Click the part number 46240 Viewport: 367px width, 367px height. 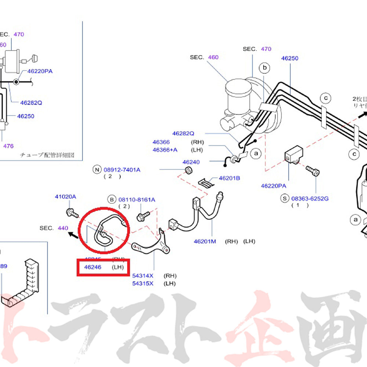pyautogui.click(x=191, y=162)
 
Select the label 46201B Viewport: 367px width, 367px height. pyautogui.click(x=229, y=178)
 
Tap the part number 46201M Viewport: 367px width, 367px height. pyautogui.click(x=205, y=241)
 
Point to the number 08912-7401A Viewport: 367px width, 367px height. pyautogui.click(x=122, y=170)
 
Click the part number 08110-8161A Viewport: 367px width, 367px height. pyautogui.click(x=137, y=200)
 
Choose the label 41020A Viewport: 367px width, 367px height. pyautogui.click(x=65, y=197)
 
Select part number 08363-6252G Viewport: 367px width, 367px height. pyautogui.click(x=310, y=199)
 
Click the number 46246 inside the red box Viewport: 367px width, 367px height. pyautogui.click(x=92, y=267)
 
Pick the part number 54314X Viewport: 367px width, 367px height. pyautogui.click(x=143, y=276)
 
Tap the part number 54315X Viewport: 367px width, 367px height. pyautogui.click(x=143, y=283)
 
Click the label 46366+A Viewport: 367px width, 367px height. pyautogui.click(x=165, y=150)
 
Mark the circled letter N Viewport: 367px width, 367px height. pyautogui.click(x=97, y=170)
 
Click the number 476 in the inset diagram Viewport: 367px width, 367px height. pyautogui.click(x=8, y=146)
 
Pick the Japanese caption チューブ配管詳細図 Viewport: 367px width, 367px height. pyautogui.click(x=47, y=155)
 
